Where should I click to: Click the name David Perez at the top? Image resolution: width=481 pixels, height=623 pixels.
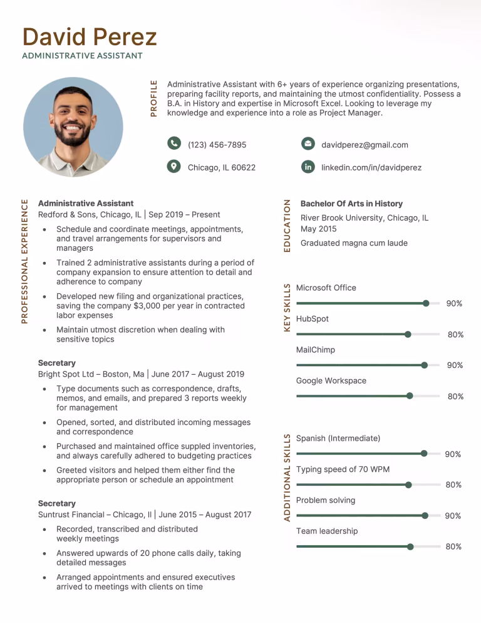(x=90, y=37)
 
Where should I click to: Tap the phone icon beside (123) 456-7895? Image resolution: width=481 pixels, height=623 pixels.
(x=174, y=144)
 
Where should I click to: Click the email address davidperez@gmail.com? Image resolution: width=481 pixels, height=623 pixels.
(x=365, y=145)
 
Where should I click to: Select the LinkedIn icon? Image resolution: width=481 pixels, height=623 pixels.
(x=308, y=167)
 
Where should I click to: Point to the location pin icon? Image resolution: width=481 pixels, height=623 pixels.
(x=174, y=167)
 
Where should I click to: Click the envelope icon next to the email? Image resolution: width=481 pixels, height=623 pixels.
(x=308, y=144)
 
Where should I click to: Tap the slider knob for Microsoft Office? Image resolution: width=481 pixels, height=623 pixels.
(x=426, y=303)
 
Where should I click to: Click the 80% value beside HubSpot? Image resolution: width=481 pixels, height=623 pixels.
(x=455, y=335)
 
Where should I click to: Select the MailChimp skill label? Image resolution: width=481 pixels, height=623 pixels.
(x=315, y=350)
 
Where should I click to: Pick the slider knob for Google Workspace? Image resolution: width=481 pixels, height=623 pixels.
(x=410, y=396)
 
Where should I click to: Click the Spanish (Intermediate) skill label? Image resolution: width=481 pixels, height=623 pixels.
(x=338, y=438)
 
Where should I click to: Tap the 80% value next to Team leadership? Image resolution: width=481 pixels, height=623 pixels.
(x=453, y=547)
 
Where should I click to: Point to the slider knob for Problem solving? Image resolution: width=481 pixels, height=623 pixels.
(x=425, y=516)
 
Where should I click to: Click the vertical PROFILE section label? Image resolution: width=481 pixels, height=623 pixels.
(x=153, y=98)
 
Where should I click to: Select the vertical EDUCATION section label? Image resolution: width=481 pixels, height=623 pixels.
(x=287, y=226)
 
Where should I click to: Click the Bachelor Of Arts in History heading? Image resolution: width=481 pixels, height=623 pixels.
(x=351, y=204)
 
